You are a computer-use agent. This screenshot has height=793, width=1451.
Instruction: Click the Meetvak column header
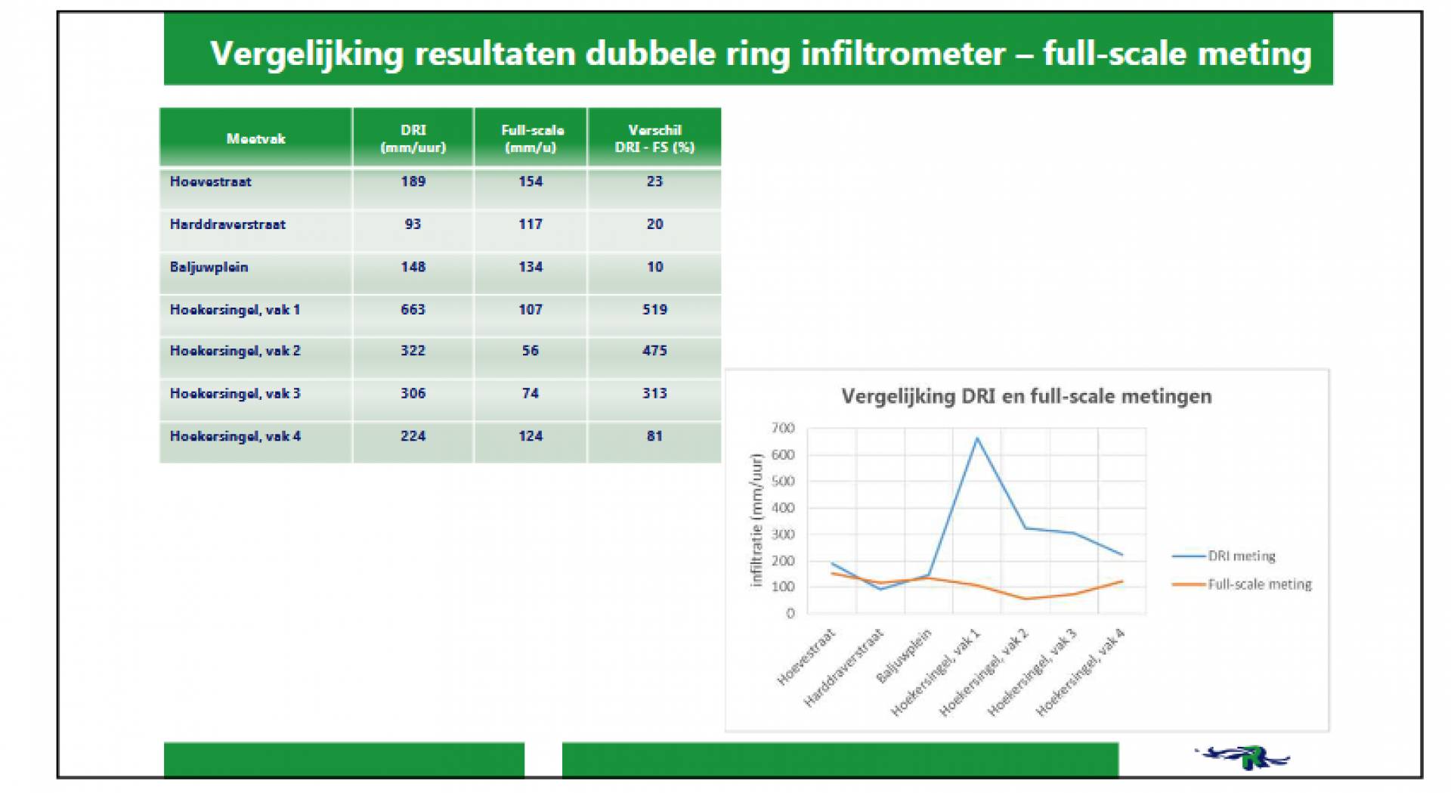click(x=255, y=138)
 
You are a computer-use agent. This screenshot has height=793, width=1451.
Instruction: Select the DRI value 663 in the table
click(x=413, y=309)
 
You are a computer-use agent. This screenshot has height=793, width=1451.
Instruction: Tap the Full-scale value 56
click(x=530, y=351)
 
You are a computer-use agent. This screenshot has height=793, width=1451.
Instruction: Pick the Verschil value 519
click(x=654, y=309)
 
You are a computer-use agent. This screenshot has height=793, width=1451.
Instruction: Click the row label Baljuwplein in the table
click(x=209, y=267)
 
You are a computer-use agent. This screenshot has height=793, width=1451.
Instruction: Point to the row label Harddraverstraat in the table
click(x=227, y=225)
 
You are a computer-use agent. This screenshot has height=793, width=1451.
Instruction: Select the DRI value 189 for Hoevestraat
click(x=413, y=181)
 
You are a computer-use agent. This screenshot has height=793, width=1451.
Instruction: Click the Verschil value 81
click(x=654, y=436)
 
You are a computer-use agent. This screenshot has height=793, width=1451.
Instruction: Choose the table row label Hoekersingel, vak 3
click(x=235, y=394)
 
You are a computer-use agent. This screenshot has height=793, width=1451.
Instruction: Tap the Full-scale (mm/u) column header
click(x=532, y=138)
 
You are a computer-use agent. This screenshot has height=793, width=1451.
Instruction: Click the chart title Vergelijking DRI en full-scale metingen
click(x=1026, y=396)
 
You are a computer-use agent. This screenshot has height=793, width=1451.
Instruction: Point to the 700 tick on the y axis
click(x=783, y=428)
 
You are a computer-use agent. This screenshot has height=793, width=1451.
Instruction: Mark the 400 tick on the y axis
click(x=783, y=508)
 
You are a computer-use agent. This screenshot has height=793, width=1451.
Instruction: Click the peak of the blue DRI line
click(x=977, y=438)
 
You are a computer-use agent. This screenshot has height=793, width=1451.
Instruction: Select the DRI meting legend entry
click(x=1224, y=556)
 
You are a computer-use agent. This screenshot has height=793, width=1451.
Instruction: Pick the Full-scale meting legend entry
click(x=1242, y=584)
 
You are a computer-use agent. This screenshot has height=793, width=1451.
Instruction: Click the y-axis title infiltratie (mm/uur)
click(x=756, y=520)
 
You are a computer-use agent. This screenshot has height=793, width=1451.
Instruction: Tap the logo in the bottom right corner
click(x=1243, y=757)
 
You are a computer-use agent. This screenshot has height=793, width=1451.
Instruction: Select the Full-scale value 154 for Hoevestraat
click(x=530, y=181)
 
